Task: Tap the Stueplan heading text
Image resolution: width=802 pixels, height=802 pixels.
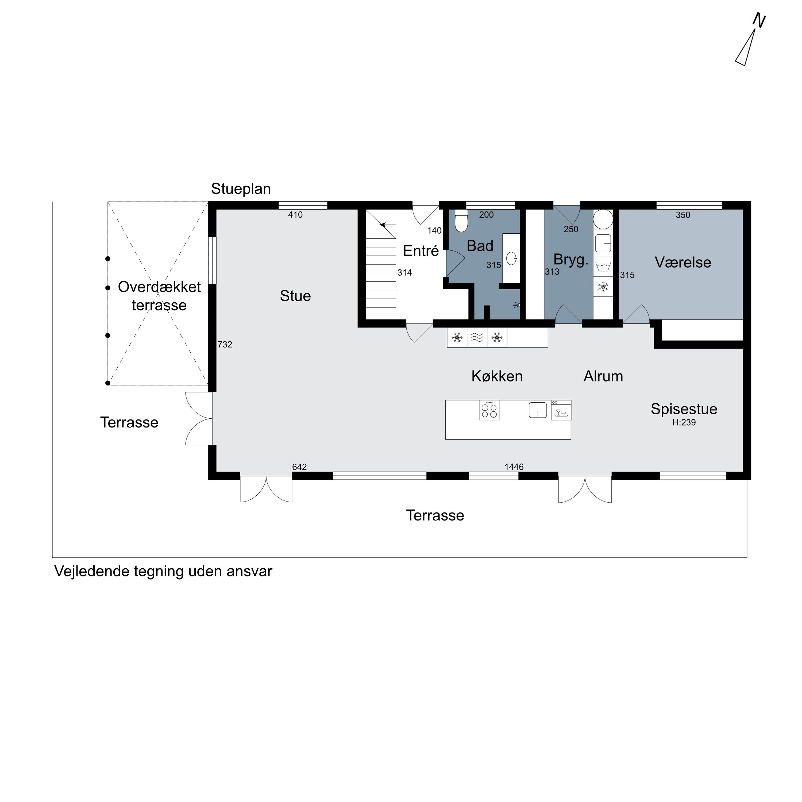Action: tap(241, 189)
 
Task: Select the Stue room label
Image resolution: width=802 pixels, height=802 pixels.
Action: tap(295, 296)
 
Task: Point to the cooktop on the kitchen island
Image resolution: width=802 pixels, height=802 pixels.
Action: tap(489, 410)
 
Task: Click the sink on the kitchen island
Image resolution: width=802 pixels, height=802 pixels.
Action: tap(538, 410)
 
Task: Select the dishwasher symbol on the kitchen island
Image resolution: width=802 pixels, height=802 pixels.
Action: tap(561, 411)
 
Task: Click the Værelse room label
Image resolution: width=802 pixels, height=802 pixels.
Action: tap(683, 262)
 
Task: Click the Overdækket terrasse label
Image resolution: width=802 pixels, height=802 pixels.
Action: tap(159, 296)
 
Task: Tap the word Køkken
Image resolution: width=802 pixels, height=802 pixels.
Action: tap(497, 376)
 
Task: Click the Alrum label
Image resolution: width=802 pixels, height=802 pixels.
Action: tap(603, 376)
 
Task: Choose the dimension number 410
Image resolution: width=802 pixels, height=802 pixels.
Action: tap(295, 215)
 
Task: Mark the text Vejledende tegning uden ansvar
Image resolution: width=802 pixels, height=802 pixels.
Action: tap(163, 572)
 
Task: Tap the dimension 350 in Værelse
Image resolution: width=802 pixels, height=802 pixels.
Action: tap(683, 215)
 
